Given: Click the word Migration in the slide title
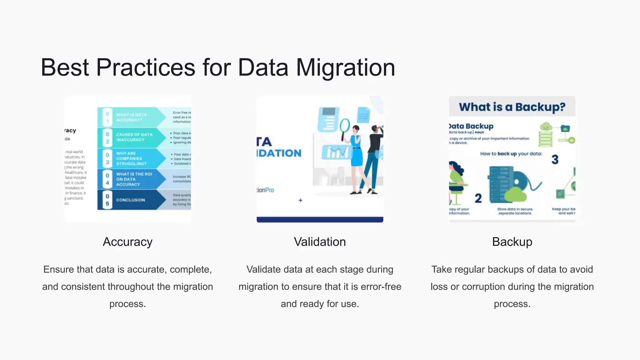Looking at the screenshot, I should click(x=345, y=67).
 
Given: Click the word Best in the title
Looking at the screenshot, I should click(x=65, y=67).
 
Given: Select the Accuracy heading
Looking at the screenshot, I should click(x=127, y=242).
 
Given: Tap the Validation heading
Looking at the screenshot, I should click(x=320, y=242).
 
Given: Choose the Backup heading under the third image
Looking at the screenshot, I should click(x=512, y=242).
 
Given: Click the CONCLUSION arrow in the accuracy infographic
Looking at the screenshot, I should click(x=131, y=200).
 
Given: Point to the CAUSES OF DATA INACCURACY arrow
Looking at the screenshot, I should click(x=134, y=137).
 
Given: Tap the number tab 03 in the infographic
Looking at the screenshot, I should click(x=107, y=158).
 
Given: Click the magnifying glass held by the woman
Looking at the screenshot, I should click(x=345, y=126).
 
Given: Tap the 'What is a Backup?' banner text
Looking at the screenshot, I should click(x=512, y=107).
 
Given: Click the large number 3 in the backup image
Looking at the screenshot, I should click(x=555, y=160).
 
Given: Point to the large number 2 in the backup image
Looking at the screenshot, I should click(x=478, y=198).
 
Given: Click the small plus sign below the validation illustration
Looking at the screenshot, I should click(x=300, y=200).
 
